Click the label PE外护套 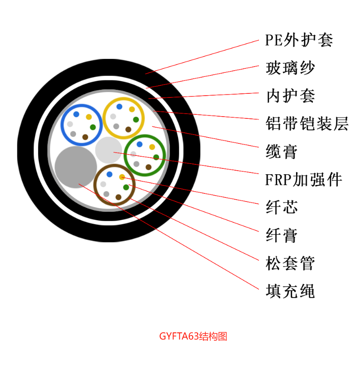click(x=299, y=40)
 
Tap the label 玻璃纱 click(x=290, y=68)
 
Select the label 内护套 click(x=291, y=96)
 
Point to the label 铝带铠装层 click(x=307, y=123)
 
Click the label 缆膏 click(x=282, y=151)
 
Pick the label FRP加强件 click(x=304, y=180)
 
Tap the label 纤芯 click(x=282, y=207)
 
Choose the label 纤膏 click(x=282, y=235)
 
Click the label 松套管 click(x=290, y=263)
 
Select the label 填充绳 click(x=290, y=291)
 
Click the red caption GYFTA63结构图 click(x=193, y=336)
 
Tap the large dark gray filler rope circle click(x=76, y=167)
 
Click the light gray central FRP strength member click(x=109, y=150)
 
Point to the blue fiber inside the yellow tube click(x=119, y=107)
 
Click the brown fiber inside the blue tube click(x=85, y=137)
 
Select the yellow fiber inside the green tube click(x=152, y=147)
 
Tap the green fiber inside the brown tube click(x=126, y=187)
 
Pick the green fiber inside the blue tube click(x=93, y=127)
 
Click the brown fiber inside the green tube click(x=148, y=167)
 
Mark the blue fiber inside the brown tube click(x=109, y=174)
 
